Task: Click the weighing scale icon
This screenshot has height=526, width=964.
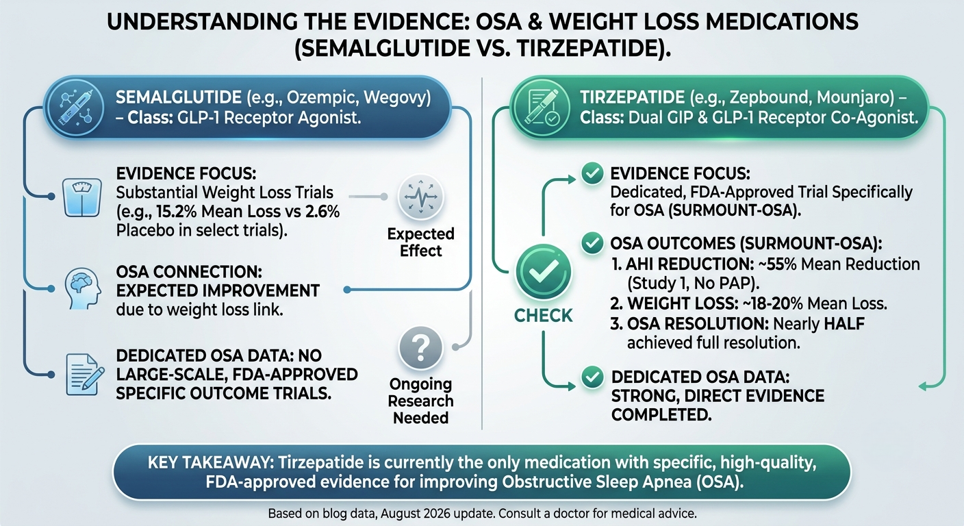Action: coord(82,197)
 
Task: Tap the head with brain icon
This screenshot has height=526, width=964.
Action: coord(83,288)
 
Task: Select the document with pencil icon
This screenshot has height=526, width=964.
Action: coord(85,375)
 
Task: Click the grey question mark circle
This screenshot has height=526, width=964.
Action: coord(421,348)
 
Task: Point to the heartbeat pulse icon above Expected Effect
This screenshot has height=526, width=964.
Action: coord(421,197)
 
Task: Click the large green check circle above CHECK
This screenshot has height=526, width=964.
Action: coord(543,272)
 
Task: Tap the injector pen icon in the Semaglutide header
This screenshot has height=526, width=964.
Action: coord(76,108)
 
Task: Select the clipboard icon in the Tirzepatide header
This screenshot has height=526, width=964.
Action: coord(542,108)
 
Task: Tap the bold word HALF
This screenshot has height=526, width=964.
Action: coord(844,324)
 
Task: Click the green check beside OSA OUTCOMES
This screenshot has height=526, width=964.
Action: coord(592,243)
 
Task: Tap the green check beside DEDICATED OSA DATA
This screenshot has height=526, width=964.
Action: coord(592,377)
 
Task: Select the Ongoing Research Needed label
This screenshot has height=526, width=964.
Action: coord(421,401)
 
